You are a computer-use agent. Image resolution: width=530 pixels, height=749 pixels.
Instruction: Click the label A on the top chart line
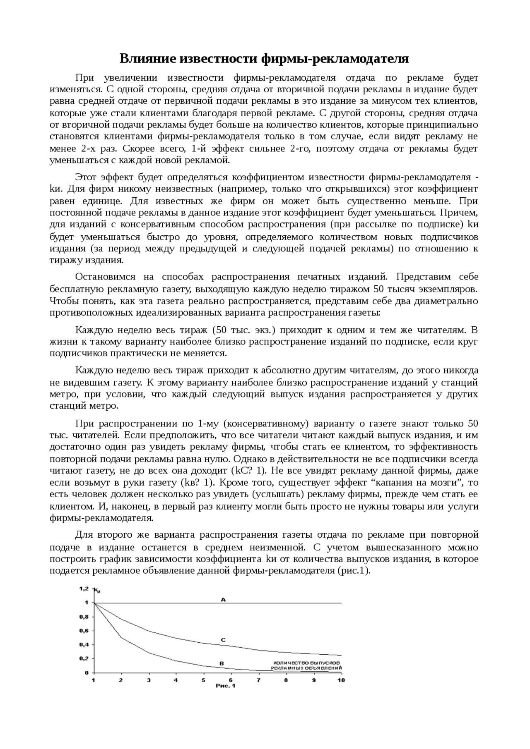[x=223, y=599]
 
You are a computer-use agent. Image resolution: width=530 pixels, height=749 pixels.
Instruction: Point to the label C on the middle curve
[x=223, y=640]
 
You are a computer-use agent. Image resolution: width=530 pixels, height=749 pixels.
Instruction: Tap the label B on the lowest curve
[x=221, y=663]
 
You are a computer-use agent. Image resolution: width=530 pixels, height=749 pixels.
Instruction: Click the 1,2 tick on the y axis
[x=84, y=589]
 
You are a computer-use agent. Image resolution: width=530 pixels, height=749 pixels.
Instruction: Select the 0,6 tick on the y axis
[x=84, y=631]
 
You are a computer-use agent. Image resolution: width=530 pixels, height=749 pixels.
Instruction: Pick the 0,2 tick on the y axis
[x=84, y=658]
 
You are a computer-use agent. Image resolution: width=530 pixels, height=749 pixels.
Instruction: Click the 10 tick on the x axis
[x=341, y=680]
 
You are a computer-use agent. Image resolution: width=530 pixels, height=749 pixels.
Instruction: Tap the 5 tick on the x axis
[x=203, y=680]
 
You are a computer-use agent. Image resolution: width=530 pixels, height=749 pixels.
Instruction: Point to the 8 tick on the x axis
[x=286, y=680]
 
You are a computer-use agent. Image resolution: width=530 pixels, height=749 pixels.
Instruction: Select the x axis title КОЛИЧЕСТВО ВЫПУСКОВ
[x=307, y=662]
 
